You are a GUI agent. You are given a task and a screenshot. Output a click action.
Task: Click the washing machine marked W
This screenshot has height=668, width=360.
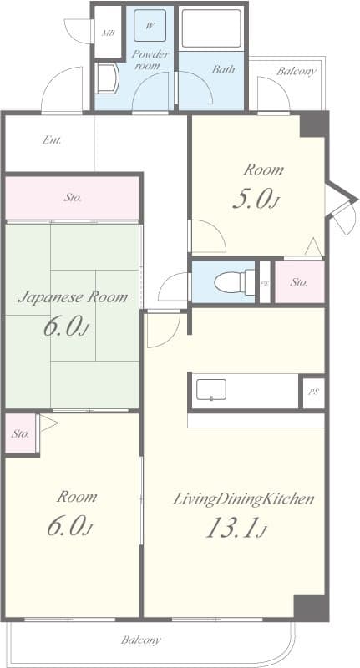pyautogui.click(x=150, y=27)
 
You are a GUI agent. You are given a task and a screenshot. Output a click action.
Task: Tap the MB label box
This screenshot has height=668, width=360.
pyautogui.click(x=108, y=33)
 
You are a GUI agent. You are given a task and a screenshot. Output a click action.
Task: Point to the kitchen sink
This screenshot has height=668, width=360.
pyautogui.click(x=211, y=390)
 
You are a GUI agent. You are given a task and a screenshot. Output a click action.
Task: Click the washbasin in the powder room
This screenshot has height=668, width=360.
pyautogui.click(x=107, y=79)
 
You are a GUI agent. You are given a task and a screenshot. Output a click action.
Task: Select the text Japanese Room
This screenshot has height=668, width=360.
pyautogui.click(x=73, y=296)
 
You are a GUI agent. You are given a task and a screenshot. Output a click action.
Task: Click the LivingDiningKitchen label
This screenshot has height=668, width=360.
pyautogui.click(x=243, y=499)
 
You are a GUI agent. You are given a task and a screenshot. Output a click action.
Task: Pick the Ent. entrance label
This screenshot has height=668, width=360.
pyautogui.click(x=51, y=140)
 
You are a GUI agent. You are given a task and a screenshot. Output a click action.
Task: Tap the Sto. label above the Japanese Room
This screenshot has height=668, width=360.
pyautogui.click(x=73, y=198)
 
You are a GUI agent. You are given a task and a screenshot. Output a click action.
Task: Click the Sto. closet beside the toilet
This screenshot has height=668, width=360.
pyautogui.click(x=299, y=282)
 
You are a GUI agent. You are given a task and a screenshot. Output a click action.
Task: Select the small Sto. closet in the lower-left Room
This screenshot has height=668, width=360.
pyautogui.click(x=21, y=434)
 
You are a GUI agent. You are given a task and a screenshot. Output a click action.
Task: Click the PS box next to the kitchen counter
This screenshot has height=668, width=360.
pyautogui.click(x=312, y=392)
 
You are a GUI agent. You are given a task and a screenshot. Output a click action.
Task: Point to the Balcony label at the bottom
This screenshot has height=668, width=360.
pyautogui.click(x=140, y=640)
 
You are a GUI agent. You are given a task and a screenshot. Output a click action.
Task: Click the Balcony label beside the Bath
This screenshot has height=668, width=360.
pyautogui.click(x=297, y=71)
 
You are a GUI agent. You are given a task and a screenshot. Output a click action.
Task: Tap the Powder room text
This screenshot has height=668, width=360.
pyautogui.click(x=150, y=60)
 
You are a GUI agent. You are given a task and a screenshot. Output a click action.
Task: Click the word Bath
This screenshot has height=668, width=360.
pyautogui.click(x=222, y=70)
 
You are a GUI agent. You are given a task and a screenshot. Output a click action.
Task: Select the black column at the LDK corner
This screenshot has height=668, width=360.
pyautogui.click(x=311, y=607)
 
